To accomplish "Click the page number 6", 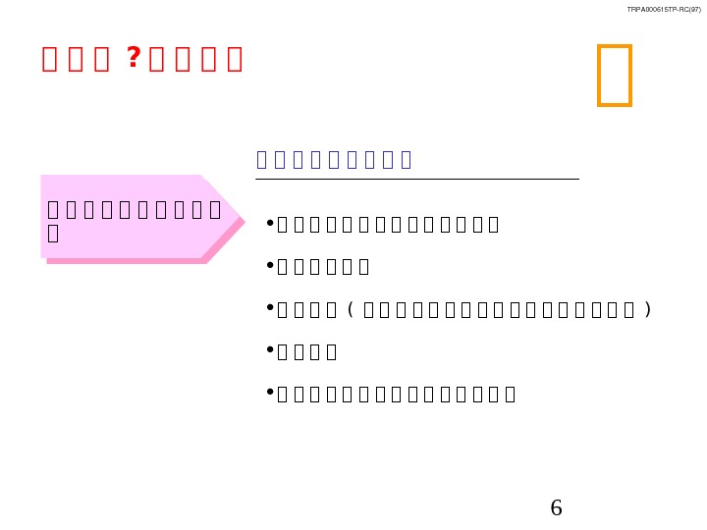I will (x=556, y=507).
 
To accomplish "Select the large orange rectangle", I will (x=615, y=75).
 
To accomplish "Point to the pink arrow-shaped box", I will (x=137, y=217).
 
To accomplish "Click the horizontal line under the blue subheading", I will (x=417, y=180).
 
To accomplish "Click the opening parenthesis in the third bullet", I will (x=352, y=309).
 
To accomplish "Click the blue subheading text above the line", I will (x=334, y=159).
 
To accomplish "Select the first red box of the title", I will (x=50, y=60).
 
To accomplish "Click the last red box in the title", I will (x=234, y=60).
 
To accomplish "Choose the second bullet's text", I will (x=323, y=267).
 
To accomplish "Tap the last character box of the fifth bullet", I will (x=509, y=395).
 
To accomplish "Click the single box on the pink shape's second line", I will (x=53, y=233).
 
